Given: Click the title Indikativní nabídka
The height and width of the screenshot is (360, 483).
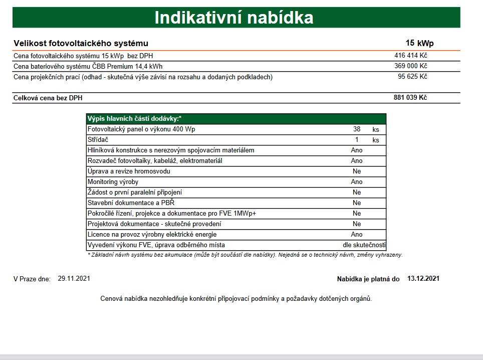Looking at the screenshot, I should (234, 18).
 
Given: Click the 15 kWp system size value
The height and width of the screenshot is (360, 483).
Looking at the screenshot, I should (419, 43).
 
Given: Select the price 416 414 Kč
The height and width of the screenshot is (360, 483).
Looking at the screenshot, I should (410, 55).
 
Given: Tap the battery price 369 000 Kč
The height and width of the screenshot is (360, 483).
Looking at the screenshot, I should (410, 66).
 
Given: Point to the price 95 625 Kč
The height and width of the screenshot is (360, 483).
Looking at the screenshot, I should (412, 76).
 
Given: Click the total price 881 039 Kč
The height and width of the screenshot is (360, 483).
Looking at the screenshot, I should (410, 98).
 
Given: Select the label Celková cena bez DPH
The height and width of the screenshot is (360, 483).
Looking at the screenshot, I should (48, 98).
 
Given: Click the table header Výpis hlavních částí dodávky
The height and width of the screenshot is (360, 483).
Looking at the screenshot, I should (134, 119).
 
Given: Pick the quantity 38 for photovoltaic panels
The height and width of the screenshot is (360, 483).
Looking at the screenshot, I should (357, 129).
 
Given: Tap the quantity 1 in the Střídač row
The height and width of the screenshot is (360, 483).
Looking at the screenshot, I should (357, 140).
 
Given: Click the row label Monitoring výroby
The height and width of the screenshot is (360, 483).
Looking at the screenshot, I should (113, 182).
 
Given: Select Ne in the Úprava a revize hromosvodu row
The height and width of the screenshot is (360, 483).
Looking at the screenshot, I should (357, 171).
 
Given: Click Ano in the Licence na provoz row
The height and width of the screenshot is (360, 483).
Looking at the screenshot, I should (357, 235).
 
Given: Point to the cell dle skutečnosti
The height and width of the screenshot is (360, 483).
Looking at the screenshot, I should (364, 245).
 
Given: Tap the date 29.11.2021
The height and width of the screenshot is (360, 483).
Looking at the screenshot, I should (74, 278).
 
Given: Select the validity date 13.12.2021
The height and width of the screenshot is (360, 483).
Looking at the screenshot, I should (423, 278).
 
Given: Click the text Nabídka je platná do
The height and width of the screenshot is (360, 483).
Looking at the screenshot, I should (368, 279).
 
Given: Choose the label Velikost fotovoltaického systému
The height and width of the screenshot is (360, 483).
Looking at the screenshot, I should (81, 44).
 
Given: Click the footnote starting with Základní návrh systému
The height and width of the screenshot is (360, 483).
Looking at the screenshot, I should (245, 255).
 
